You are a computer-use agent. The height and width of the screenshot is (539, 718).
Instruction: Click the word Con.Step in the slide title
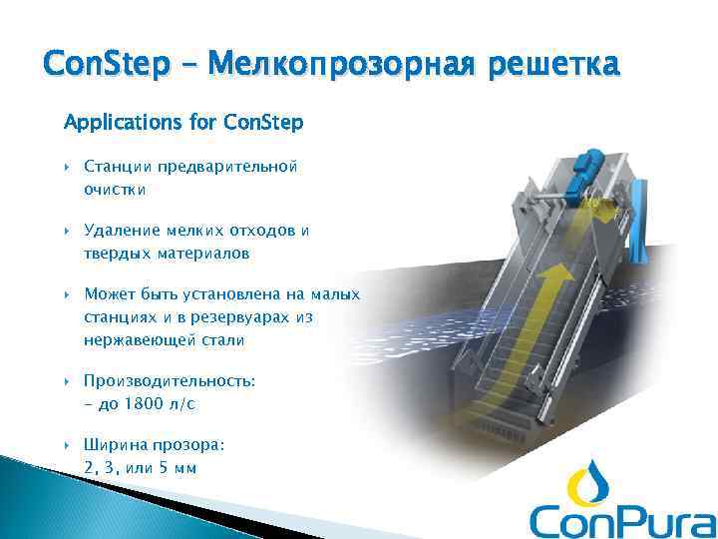coord(91,65)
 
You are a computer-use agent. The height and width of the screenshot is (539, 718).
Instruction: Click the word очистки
coord(115,188)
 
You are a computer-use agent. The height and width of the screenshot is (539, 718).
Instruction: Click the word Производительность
coord(171,382)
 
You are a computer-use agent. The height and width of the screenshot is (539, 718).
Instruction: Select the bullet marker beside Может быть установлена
coord(68,295)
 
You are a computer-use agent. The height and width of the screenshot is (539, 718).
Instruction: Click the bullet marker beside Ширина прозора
coord(68,446)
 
